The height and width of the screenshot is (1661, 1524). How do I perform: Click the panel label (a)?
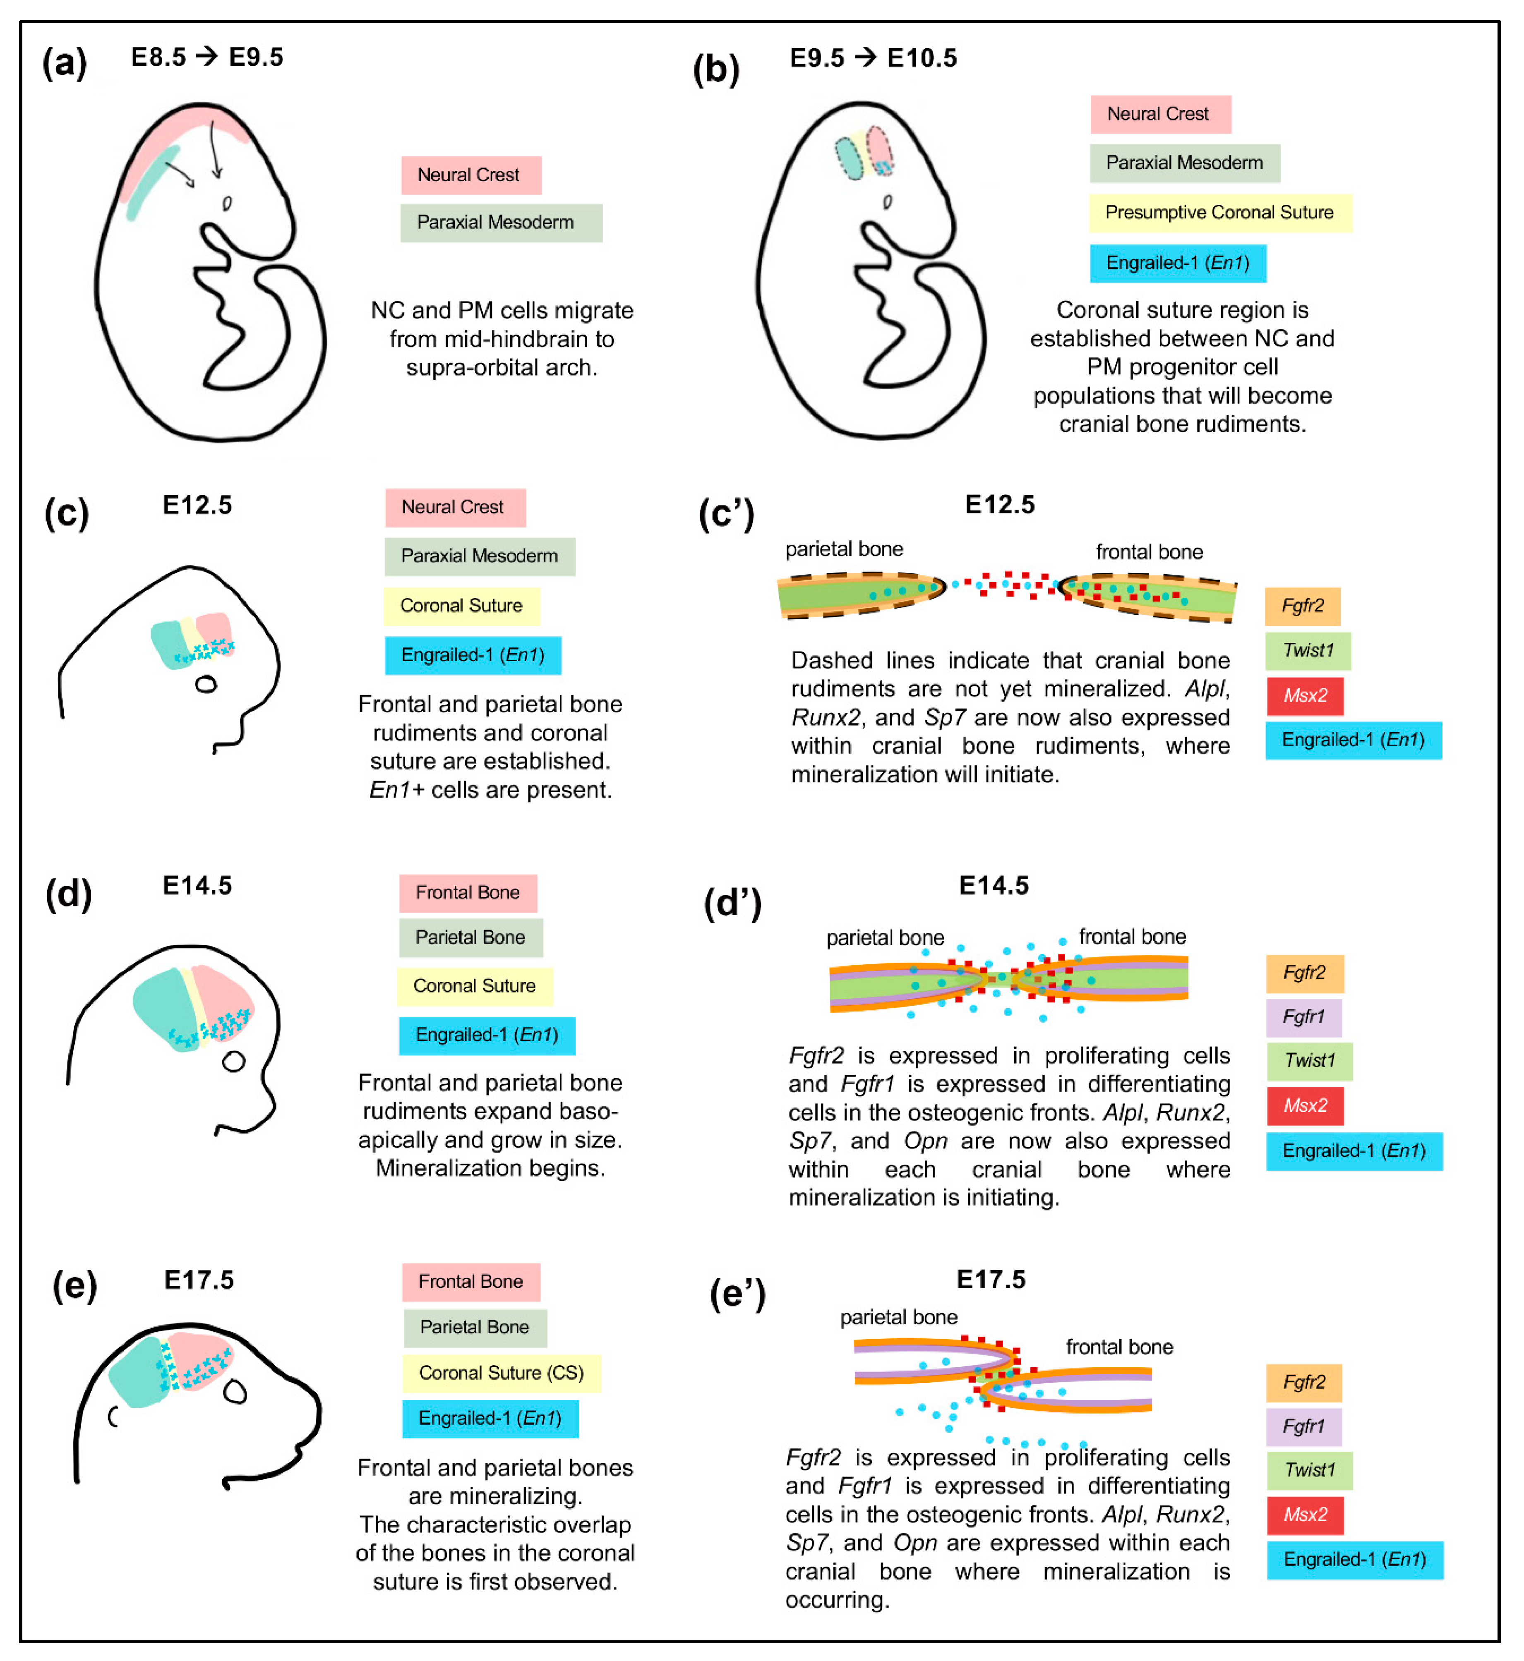(64, 62)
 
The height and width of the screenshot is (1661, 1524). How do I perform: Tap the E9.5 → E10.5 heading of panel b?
(873, 58)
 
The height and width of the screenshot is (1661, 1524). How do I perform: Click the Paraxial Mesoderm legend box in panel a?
(501, 223)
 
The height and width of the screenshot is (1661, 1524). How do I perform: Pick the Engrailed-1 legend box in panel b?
(1177, 263)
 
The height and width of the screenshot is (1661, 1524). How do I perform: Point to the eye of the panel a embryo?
(227, 203)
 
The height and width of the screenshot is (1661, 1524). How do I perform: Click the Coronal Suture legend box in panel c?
(461, 606)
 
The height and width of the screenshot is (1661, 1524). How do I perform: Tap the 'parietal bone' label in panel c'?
(844, 549)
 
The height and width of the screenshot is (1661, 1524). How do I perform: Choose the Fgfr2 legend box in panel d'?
(1305, 973)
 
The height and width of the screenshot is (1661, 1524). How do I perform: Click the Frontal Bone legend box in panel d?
(468, 893)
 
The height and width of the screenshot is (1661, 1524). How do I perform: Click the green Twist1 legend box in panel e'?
(1309, 1470)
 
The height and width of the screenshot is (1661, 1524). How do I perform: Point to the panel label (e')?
(737, 1293)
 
